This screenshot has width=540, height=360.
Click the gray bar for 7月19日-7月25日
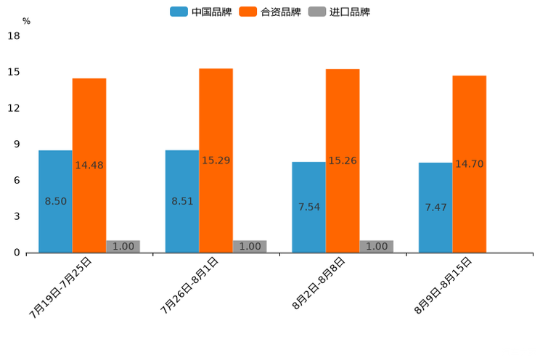click(123, 247)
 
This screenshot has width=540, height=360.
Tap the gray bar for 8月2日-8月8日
click(377, 247)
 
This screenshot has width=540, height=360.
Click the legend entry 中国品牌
click(200, 12)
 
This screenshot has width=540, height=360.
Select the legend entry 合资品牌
click(270, 12)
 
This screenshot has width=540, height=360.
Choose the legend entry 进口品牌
click(339, 12)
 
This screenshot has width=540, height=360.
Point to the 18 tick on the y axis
click(13, 36)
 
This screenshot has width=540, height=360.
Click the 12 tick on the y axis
click(13, 108)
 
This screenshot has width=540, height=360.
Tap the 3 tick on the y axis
click(16, 216)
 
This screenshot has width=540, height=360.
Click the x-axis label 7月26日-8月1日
click(189, 285)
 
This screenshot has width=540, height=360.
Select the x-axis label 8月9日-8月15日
click(443, 285)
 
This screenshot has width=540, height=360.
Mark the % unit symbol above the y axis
click(26, 21)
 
